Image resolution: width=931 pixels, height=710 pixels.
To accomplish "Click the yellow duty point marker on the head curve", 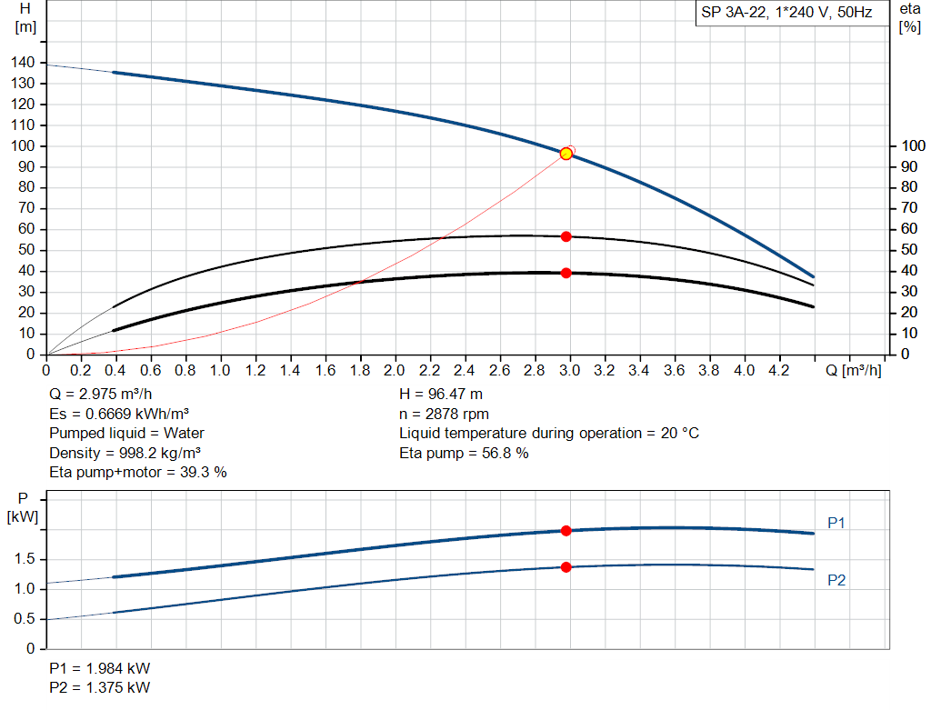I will (566, 154).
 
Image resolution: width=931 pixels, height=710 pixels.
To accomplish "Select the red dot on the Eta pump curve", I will (566, 236).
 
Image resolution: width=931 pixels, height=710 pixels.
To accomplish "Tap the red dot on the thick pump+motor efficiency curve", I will (566, 273).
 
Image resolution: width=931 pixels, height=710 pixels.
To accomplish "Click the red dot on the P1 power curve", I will (566, 530).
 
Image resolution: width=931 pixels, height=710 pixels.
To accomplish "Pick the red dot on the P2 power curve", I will (566, 567).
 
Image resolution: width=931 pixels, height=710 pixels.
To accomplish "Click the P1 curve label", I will (836, 523).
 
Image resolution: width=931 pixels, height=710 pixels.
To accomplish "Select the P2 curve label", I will (836, 580).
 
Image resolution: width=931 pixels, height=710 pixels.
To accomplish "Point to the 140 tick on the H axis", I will (25, 62).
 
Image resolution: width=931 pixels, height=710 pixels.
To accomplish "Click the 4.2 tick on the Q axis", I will (779, 371).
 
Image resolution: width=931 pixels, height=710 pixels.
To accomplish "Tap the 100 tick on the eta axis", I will (911, 145).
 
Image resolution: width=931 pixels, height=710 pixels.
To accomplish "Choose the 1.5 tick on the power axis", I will (25, 559).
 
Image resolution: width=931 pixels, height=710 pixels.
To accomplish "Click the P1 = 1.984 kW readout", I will (100, 668).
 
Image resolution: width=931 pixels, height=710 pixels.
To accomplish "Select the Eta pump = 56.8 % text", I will (464, 453).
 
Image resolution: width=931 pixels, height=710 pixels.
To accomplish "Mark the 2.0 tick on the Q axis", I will (395, 371).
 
